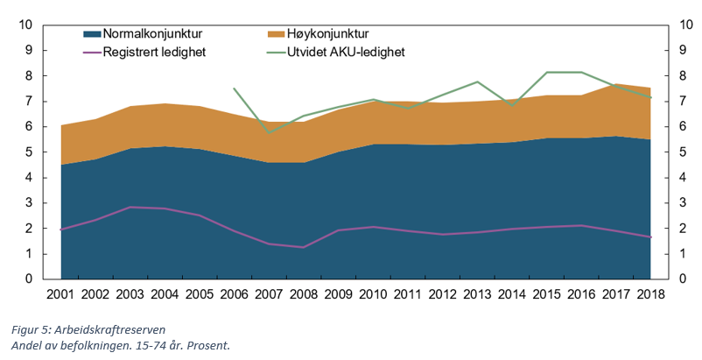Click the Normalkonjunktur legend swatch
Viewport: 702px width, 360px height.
click(x=91, y=34)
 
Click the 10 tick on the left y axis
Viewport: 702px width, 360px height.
click(x=27, y=25)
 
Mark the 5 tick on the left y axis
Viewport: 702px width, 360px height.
click(x=31, y=152)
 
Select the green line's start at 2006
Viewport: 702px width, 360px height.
click(x=235, y=88)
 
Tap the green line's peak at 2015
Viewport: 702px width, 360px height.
click(x=545, y=72)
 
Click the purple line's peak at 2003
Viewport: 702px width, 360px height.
click(x=130, y=207)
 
